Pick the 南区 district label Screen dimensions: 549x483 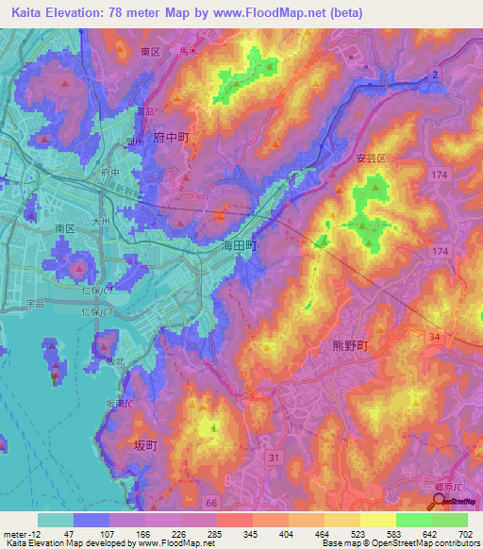click(64, 228)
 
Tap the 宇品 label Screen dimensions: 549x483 click(36, 304)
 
